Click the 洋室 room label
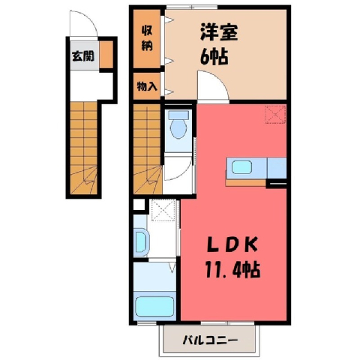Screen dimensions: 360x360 point(218,32)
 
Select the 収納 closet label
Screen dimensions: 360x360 point(147,38)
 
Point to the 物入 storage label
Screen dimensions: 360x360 point(147,86)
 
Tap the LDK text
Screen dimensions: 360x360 point(232,245)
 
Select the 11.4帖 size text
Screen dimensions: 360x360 point(232,269)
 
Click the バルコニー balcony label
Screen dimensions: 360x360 point(210,340)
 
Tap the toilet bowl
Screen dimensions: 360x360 point(178,129)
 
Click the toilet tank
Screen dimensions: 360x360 point(178,115)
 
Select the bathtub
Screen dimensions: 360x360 point(154,307)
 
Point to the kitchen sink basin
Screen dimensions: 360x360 point(241,167)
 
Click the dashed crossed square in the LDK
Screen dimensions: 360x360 point(275,115)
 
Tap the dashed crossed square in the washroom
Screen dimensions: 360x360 point(163,211)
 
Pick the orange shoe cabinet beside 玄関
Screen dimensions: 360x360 point(106,54)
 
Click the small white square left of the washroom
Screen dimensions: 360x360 point(139,205)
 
